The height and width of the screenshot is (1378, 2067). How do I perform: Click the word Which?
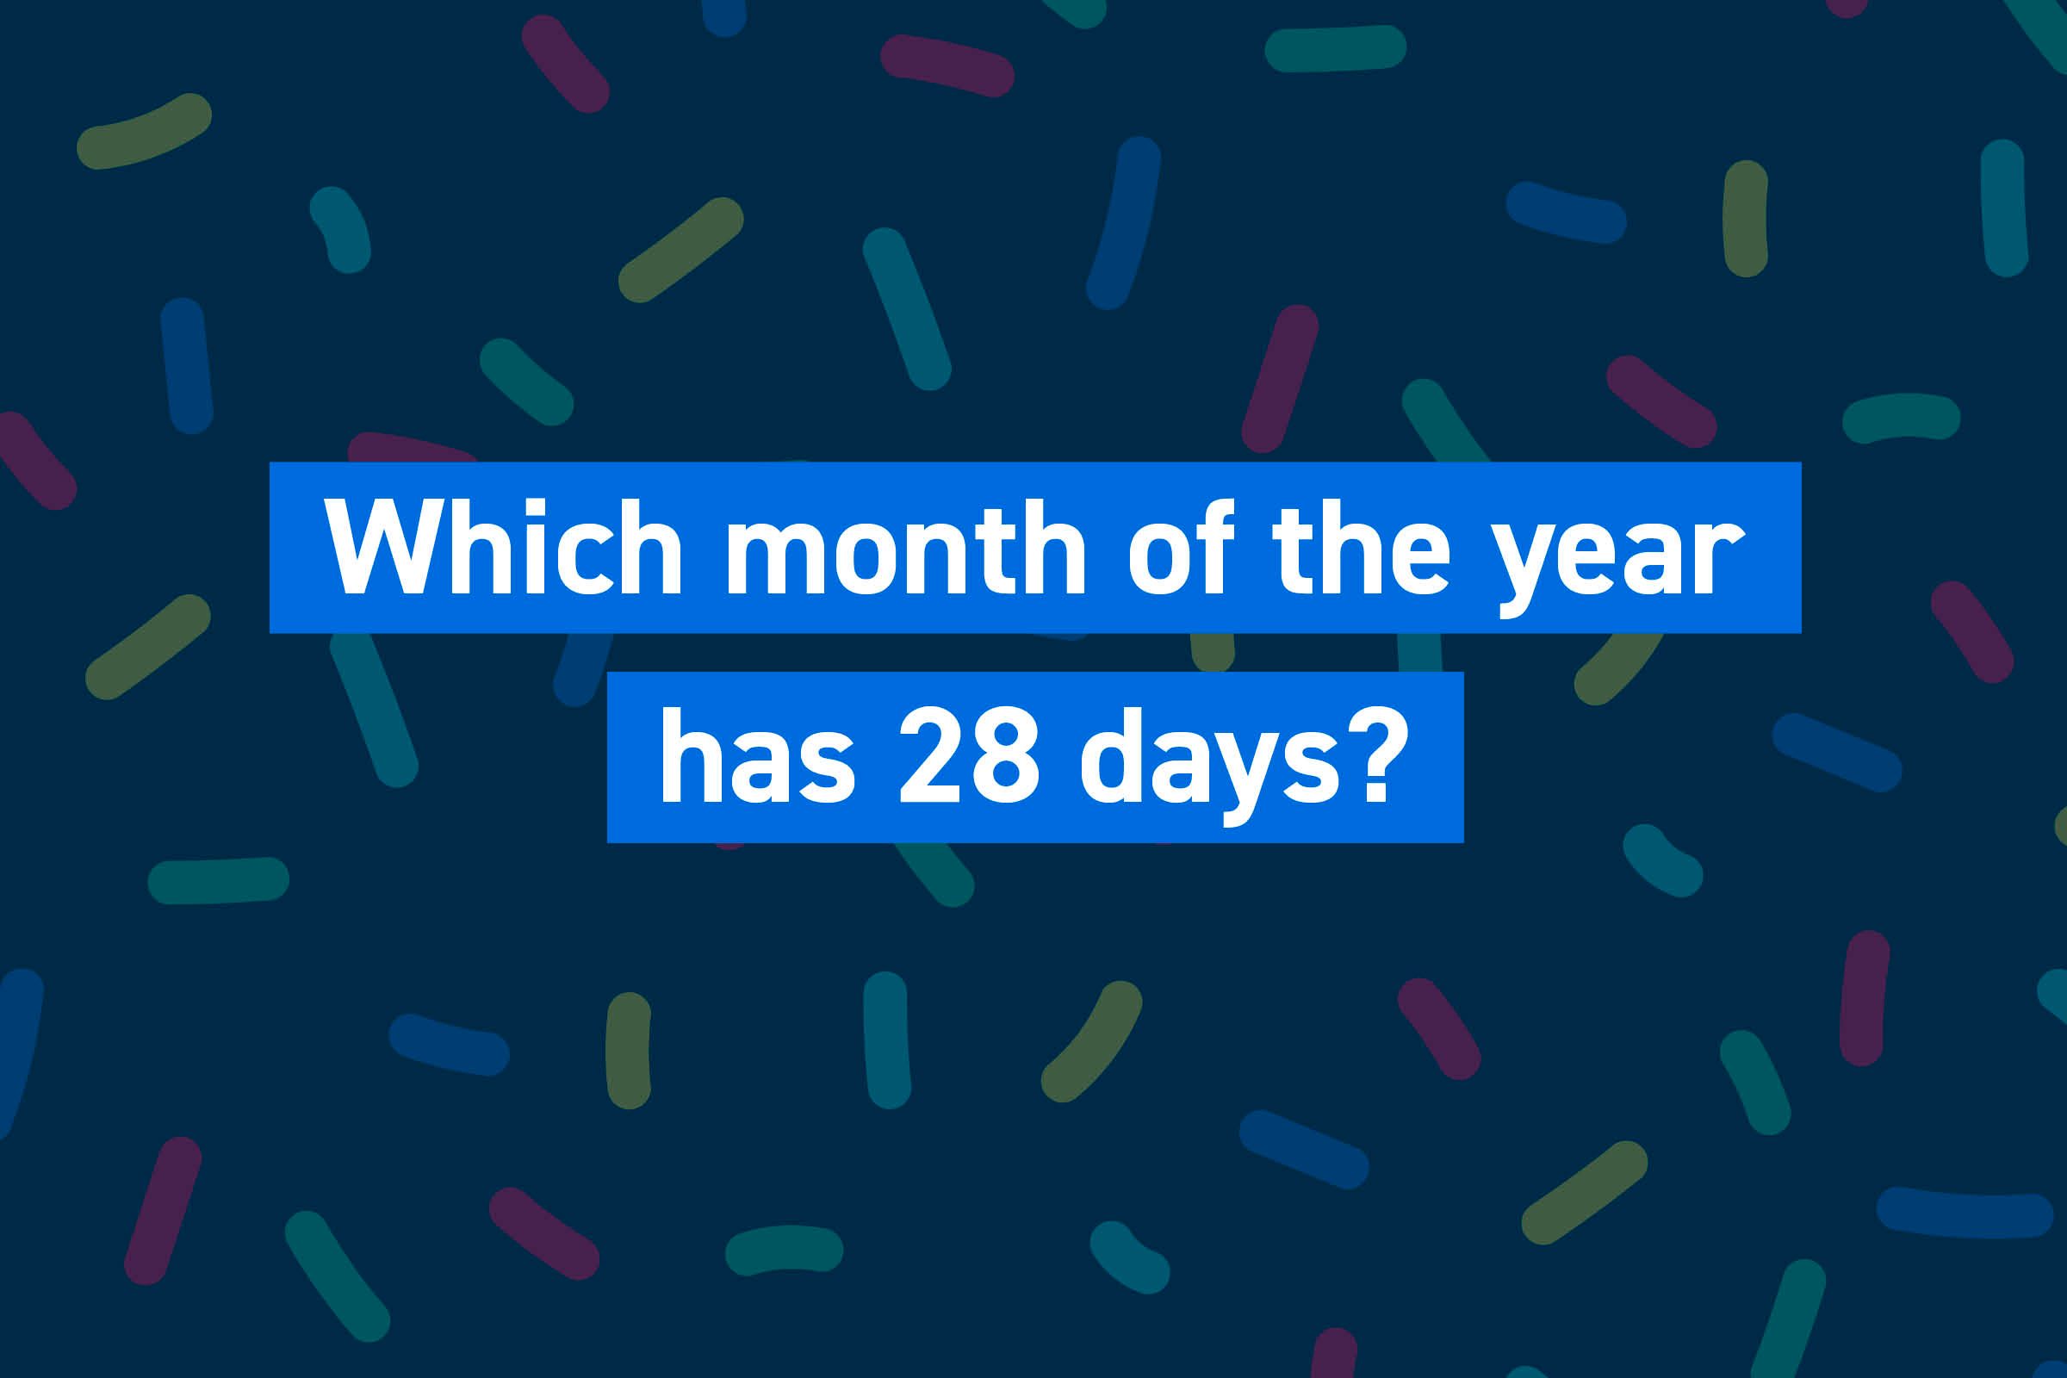pyautogui.click(x=504, y=547)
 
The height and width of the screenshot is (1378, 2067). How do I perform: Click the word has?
pyautogui.click(x=758, y=757)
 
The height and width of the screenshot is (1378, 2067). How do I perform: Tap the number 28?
pyautogui.click(x=971, y=757)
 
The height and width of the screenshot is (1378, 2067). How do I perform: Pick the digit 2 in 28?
pyautogui.click(x=934, y=756)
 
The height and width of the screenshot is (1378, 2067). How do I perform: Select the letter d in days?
pyautogui.click(x=1114, y=757)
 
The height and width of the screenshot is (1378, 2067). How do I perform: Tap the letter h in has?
pyautogui.click(x=692, y=756)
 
